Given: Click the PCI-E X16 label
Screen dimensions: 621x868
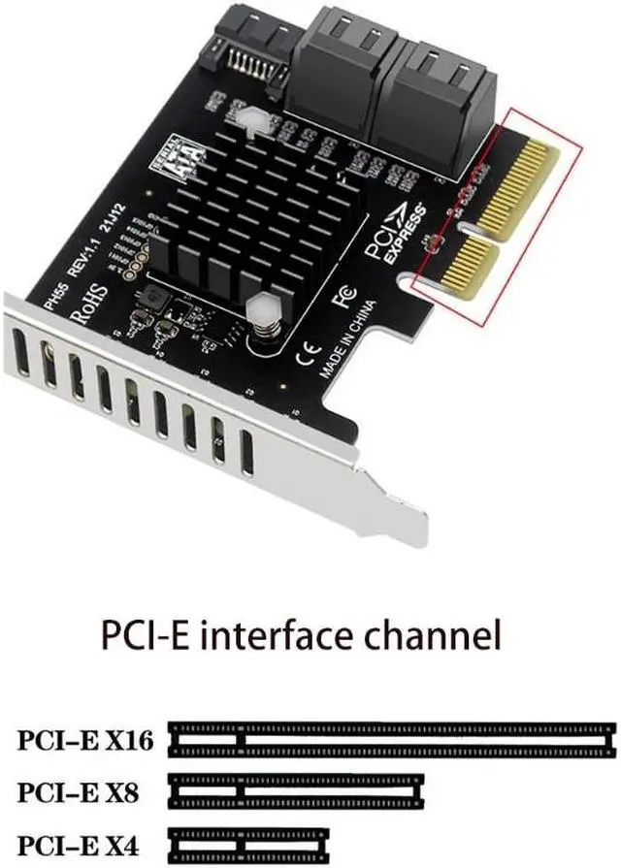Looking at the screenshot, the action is [x=85, y=742].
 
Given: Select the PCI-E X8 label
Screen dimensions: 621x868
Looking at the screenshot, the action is [x=78, y=793].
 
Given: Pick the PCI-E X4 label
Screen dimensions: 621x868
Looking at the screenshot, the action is [x=78, y=843].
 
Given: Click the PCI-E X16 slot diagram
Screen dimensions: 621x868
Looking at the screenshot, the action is [x=393, y=740].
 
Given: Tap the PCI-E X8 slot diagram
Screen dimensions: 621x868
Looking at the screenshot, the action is [x=297, y=791].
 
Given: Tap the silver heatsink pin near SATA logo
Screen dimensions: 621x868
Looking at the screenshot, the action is [x=250, y=117].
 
